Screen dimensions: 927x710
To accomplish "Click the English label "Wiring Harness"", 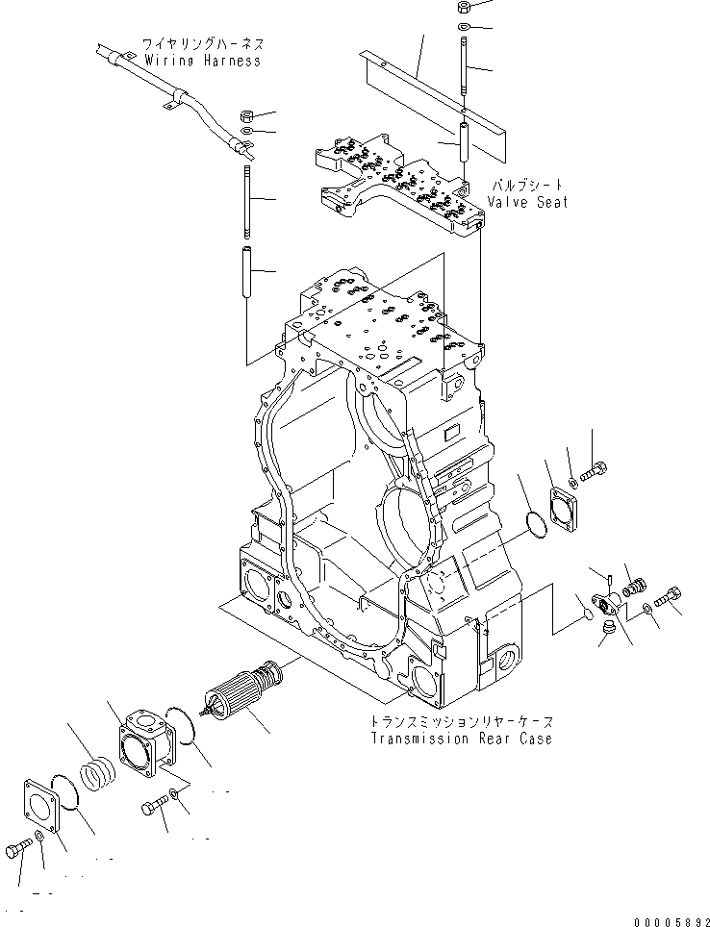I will (x=202, y=61).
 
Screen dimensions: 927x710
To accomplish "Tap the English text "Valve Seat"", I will (x=527, y=202).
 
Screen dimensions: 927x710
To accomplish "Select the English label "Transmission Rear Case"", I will (x=462, y=739).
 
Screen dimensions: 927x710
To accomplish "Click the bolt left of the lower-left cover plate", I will (x=19, y=851).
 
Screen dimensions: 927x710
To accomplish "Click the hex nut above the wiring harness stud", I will (x=246, y=113).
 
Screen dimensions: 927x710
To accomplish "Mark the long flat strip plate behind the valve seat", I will (x=433, y=91).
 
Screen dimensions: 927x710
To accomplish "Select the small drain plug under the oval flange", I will (x=606, y=630).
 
